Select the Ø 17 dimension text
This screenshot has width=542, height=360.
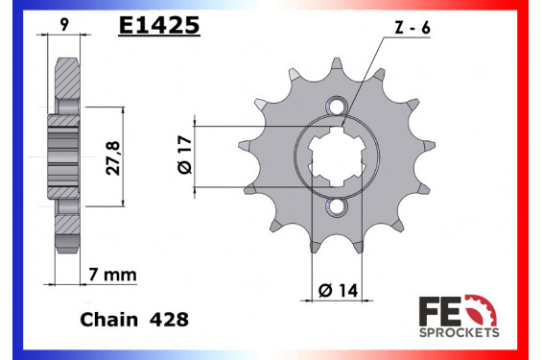click(184, 153)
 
